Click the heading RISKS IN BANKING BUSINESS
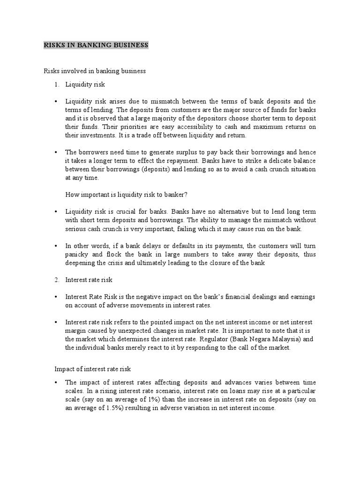click(96, 45)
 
